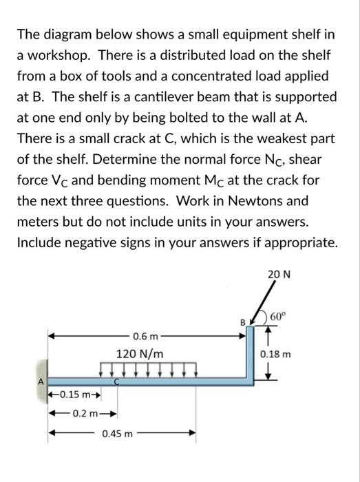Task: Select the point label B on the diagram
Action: [241, 322]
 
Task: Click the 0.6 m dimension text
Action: [147, 336]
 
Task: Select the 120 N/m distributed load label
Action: [140, 353]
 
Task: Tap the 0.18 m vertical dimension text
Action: [276, 355]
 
